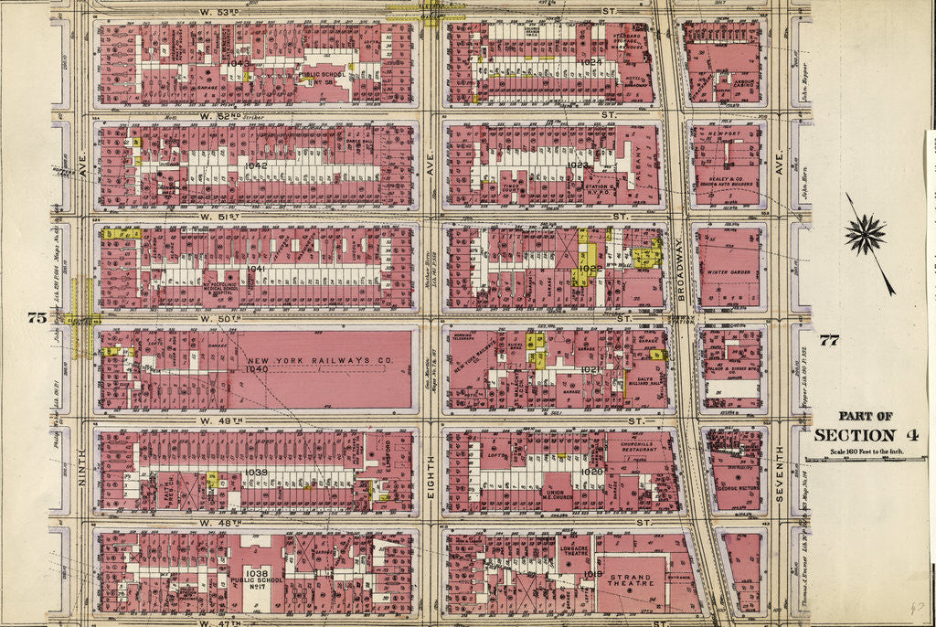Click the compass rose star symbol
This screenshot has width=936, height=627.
point(865,236)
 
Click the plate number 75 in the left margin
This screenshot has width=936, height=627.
point(37,317)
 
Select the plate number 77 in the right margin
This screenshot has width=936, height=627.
point(829,341)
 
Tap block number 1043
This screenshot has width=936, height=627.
point(240,63)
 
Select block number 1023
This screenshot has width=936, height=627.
point(578,165)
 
